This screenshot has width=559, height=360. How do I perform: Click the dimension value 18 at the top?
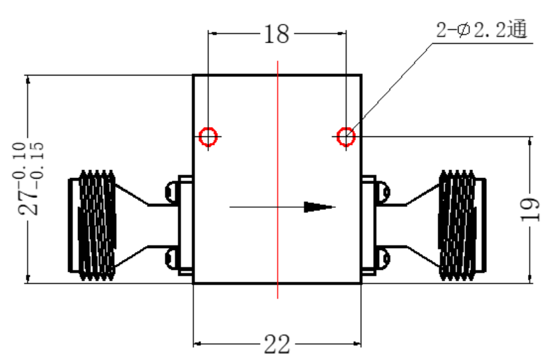tap(277, 34)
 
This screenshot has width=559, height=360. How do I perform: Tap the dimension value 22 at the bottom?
tap(277, 344)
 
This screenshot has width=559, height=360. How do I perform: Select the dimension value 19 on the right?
tap(530, 210)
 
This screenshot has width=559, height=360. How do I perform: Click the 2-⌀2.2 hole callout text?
tap(482, 30)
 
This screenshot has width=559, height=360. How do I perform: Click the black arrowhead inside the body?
tap(319, 207)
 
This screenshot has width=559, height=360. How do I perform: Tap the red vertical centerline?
tap(278, 179)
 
